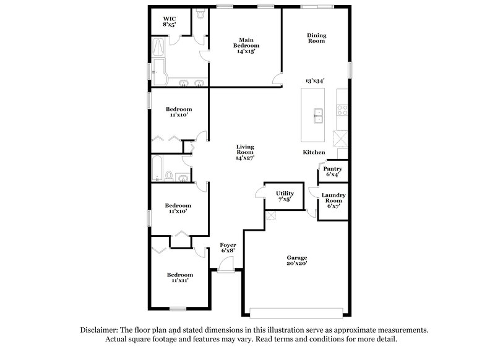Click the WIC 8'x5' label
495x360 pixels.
click(169, 22)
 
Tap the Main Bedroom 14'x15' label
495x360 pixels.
click(246, 45)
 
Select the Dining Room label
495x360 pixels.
click(316, 38)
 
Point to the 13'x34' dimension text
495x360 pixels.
click(316, 81)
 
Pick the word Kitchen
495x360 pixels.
click(314, 152)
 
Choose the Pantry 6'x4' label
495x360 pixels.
click(333, 171)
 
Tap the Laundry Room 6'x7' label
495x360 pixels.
click(334, 200)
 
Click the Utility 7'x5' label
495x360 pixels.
click(285, 197)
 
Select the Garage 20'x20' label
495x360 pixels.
click(297, 260)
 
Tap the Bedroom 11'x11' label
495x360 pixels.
click(179, 278)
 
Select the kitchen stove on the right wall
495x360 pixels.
click(341, 111)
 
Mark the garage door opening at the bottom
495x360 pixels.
click(297, 309)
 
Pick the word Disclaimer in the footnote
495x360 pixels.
click(99, 330)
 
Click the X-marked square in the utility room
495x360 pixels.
click(271, 215)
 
